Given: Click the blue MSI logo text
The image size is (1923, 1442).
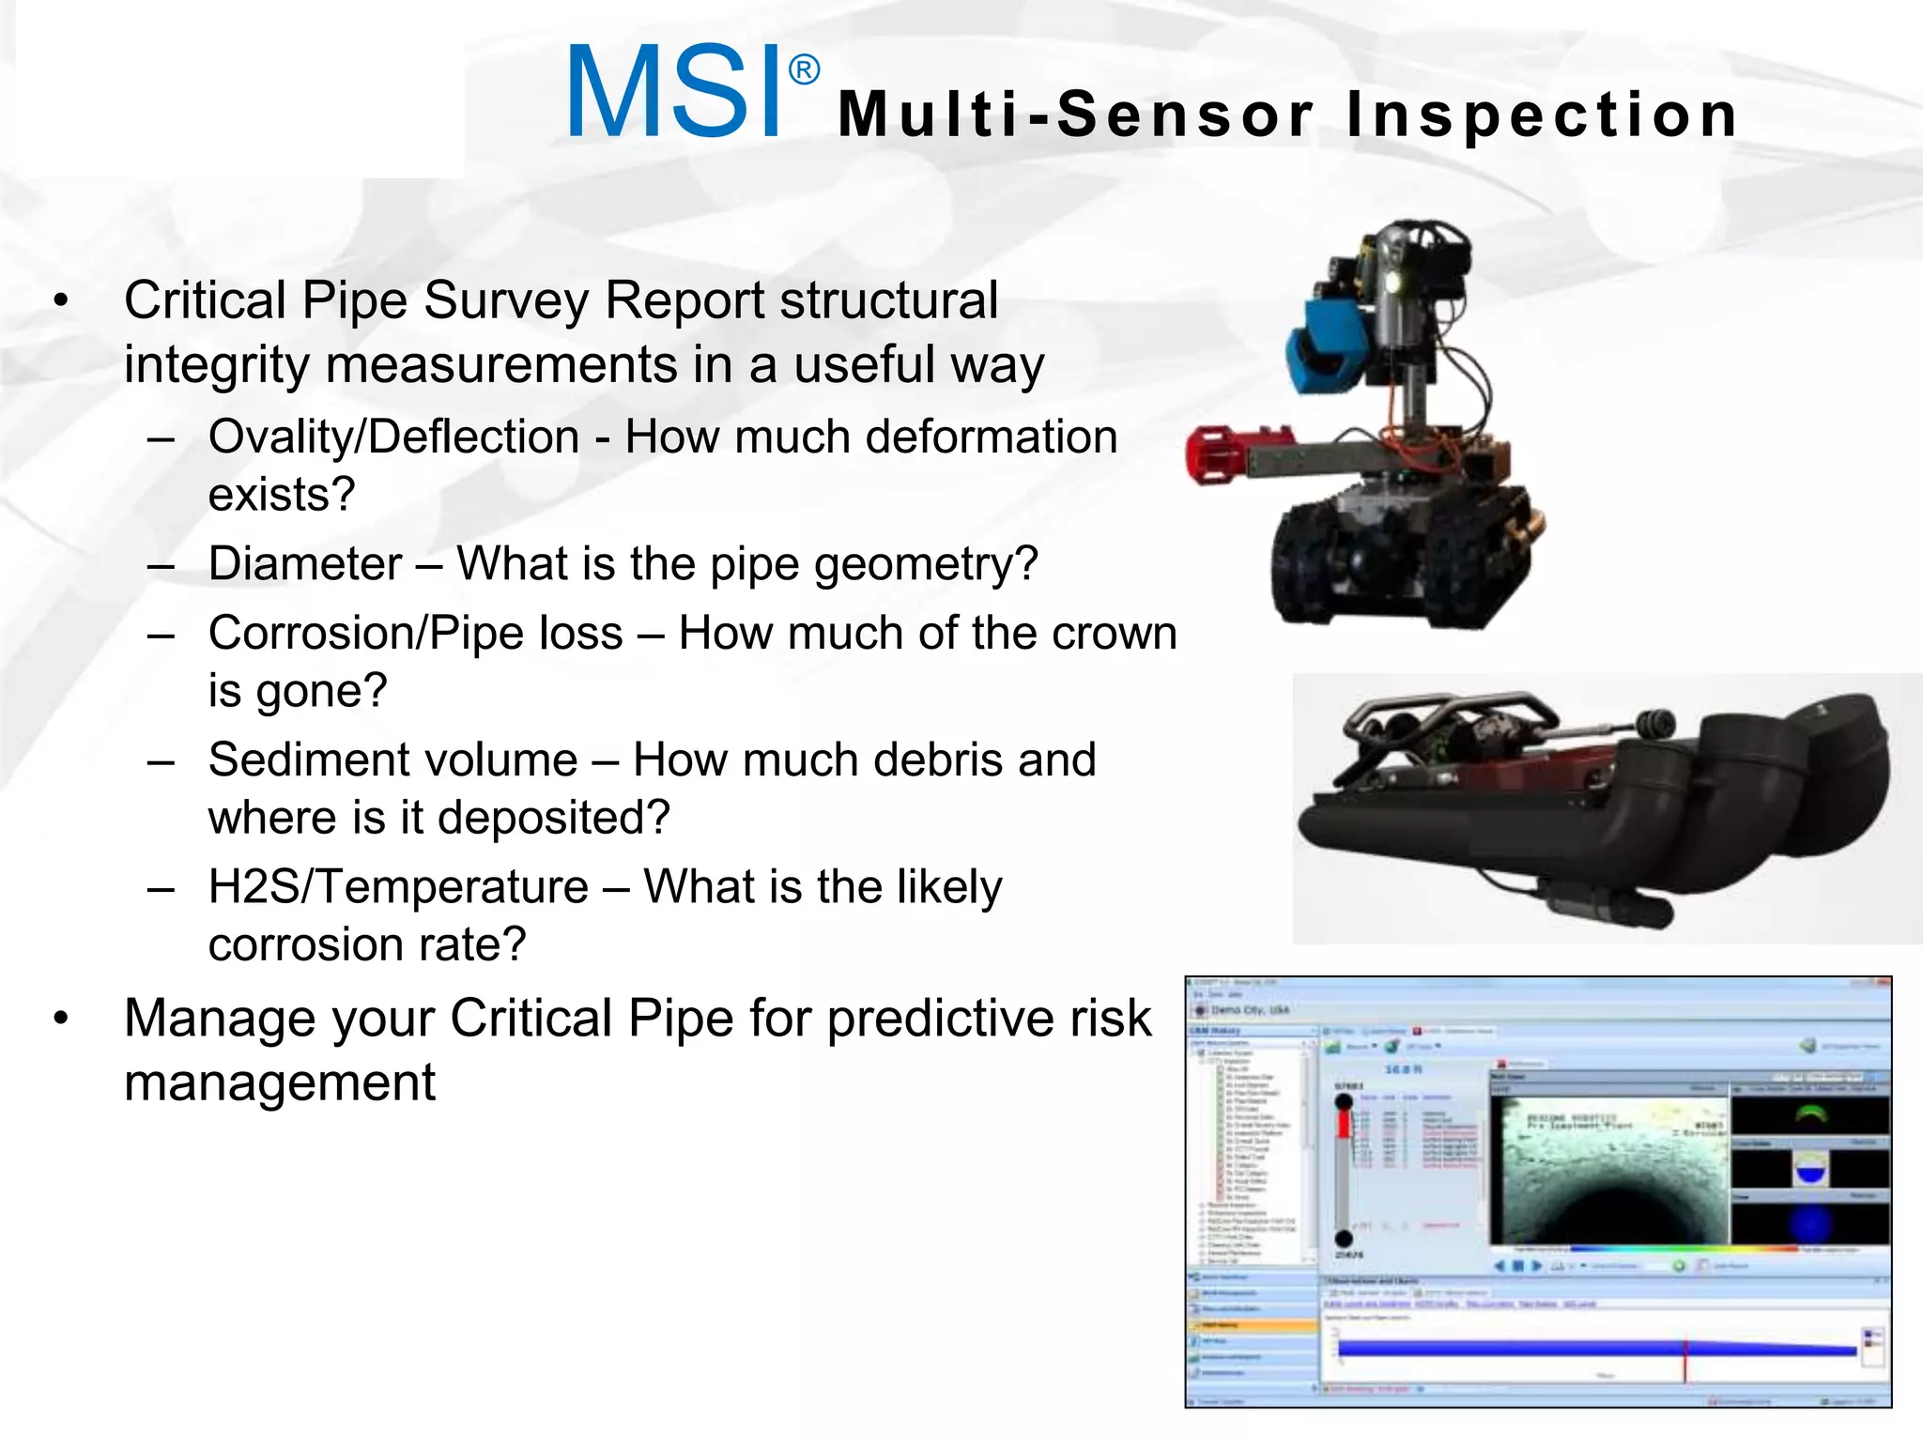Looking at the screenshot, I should pyautogui.click(x=674, y=92).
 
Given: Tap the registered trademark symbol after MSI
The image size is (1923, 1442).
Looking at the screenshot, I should pyautogui.click(x=804, y=69).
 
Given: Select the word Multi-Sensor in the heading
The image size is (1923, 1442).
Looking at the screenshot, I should pyautogui.click(x=1076, y=115).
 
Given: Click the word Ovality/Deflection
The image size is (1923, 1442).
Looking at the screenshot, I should pyautogui.click(x=393, y=437).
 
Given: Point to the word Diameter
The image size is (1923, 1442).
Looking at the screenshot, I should pyautogui.click(x=305, y=564).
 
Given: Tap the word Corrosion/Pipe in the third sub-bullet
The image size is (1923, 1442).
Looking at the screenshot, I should pyautogui.click(x=415, y=634).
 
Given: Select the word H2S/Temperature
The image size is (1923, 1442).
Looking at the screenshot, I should pyautogui.click(x=398, y=887).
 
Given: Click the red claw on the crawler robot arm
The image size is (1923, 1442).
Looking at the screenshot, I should pyautogui.click(x=1215, y=455).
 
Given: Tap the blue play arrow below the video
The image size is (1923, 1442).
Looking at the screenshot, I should pyautogui.click(x=1537, y=1266).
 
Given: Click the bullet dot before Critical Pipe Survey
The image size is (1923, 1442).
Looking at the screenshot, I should pyautogui.click(x=62, y=301).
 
